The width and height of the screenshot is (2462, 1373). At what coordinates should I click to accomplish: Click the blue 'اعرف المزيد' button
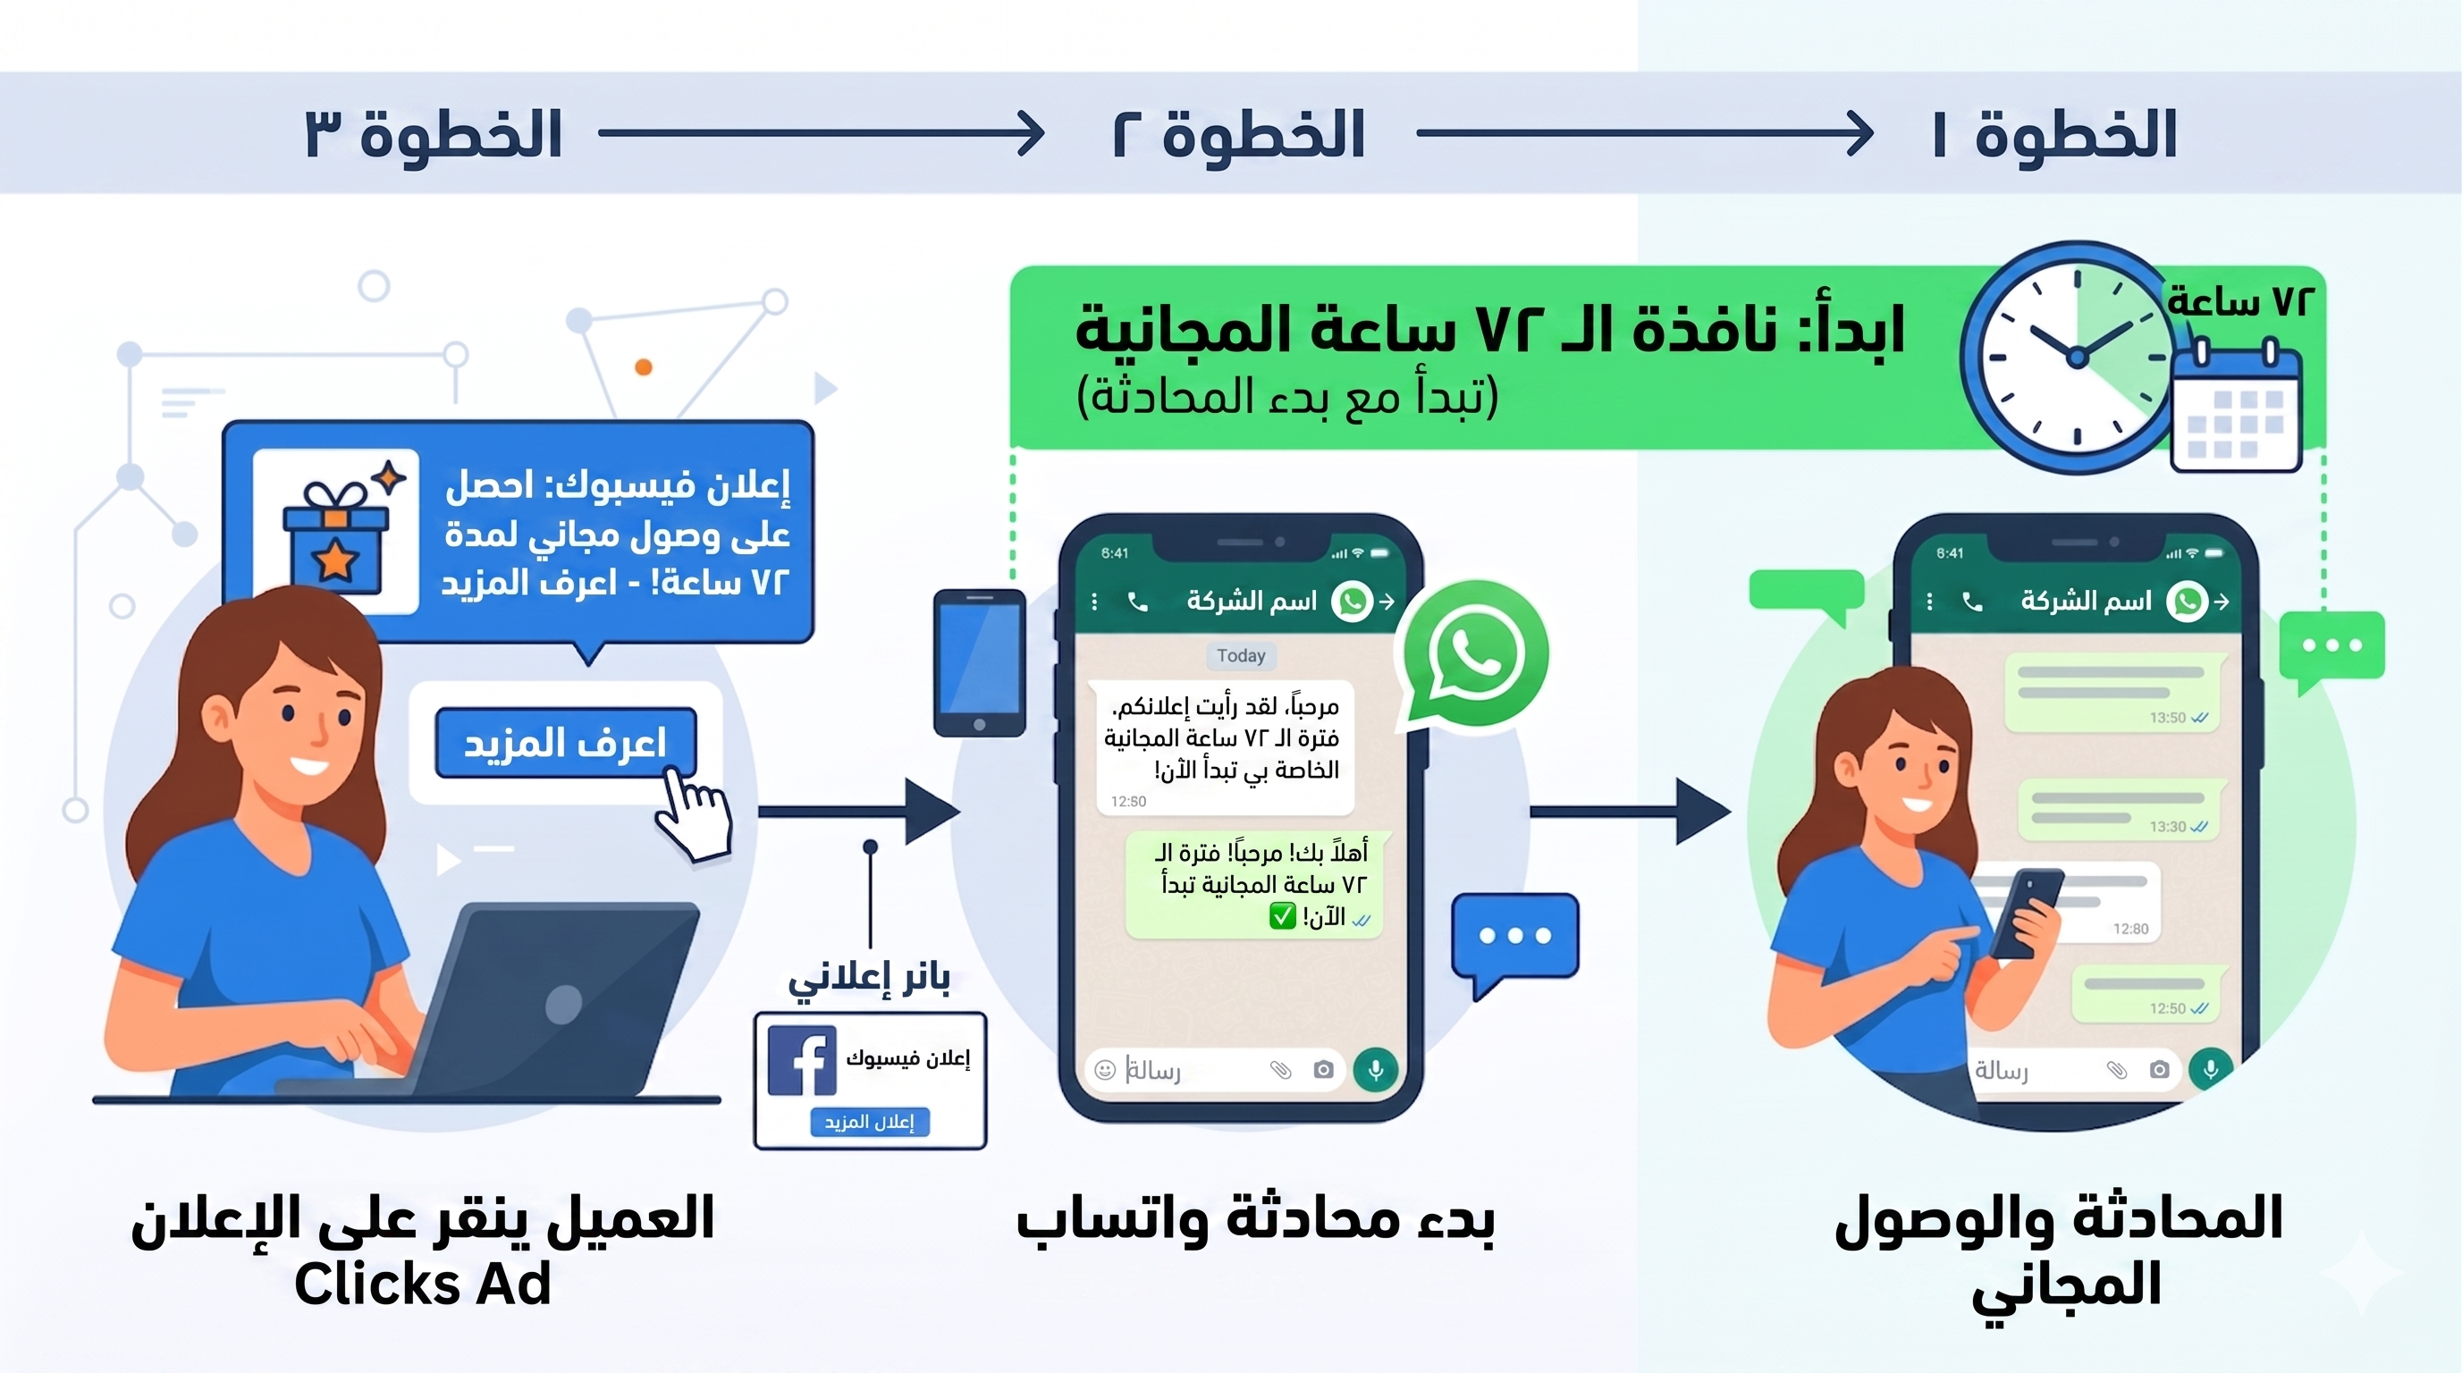pyautogui.click(x=565, y=743)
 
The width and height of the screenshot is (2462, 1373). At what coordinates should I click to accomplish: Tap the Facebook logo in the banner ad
pyautogui.click(x=802, y=1059)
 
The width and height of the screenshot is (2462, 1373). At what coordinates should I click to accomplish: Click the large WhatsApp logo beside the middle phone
pyautogui.click(x=1472, y=653)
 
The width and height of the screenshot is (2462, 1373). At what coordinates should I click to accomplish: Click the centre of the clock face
pyautogui.click(x=2077, y=358)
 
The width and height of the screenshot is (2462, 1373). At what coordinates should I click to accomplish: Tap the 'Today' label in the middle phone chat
pyautogui.click(x=1241, y=655)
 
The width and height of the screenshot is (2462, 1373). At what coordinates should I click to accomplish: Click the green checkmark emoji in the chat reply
pyautogui.click(x=1282, y=916)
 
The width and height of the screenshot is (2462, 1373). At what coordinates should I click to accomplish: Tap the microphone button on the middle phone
pyautogui.click(x=1375, y=1069)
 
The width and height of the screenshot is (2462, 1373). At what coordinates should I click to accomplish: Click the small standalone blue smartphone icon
pyautogui.click(x=979, y=663)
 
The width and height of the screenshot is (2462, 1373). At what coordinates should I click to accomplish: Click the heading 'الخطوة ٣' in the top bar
pyautogui.click(x=433, y=134)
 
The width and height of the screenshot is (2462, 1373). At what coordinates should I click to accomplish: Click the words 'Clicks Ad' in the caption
pyautogui.click(x=423, y=1284)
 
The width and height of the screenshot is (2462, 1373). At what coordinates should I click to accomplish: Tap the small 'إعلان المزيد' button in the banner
pyautogui.click(x=869, y=1122)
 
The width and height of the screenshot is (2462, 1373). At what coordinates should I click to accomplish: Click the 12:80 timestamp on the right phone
pyautogui.click(x=2130, y=929)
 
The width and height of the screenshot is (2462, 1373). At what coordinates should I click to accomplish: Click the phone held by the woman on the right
pyautogui.click(x=2025, y=913)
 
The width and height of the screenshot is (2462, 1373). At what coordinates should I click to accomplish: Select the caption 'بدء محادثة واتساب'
pyautogui.click(x=1255, y=1220)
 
